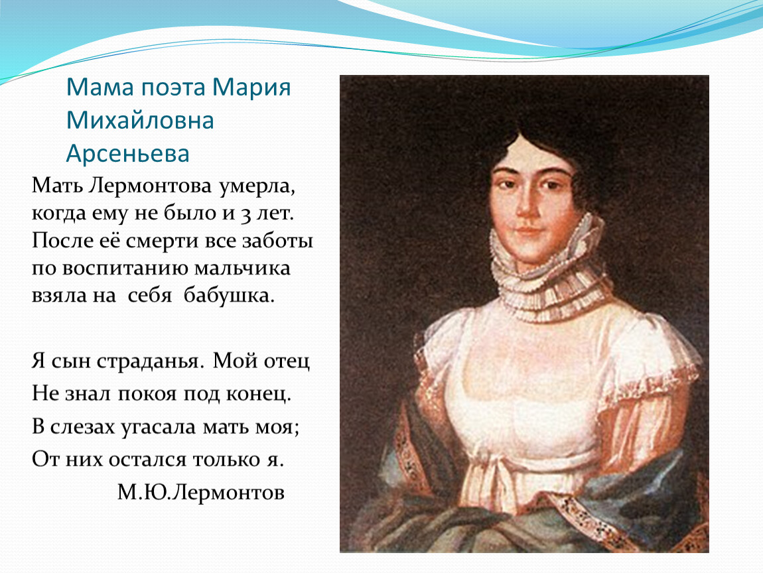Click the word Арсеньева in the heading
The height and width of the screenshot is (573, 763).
click(x=127, y=153)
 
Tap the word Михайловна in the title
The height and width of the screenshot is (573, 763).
click(x=140, y=120)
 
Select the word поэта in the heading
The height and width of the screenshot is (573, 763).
click(x=173, y=88)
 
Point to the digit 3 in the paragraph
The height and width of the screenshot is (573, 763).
click(x=246, y=214)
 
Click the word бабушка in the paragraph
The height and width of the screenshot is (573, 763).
click(x=229, y=295)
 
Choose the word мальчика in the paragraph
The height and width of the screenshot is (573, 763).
click(x=242, y=269)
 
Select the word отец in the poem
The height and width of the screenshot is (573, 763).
click(x=287, y=361)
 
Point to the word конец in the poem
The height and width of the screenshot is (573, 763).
click(x=258, y=394)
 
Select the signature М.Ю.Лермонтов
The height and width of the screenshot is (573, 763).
click(x=200, y=492)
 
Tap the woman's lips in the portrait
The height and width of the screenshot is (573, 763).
click(x=528, y=230)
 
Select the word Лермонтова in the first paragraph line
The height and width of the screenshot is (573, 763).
click(x=151, y=186)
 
